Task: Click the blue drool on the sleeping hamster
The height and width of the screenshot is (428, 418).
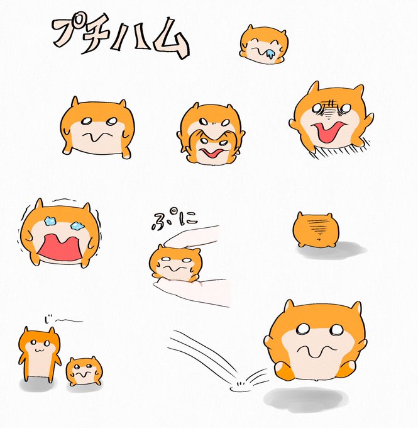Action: (270, 54)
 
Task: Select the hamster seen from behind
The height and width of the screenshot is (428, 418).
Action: (316, 229)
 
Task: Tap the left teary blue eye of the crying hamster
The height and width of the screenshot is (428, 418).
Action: (50, 221)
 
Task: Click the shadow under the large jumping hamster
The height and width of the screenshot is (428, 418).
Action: (305, 399)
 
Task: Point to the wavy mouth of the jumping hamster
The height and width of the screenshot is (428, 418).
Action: (316, 351)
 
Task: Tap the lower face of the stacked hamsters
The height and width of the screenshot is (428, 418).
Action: (212, 150)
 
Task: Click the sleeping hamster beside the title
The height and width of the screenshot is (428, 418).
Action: (264, 44)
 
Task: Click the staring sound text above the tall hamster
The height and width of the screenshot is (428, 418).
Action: (62, 319)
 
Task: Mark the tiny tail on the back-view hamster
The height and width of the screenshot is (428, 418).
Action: (319, 239)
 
